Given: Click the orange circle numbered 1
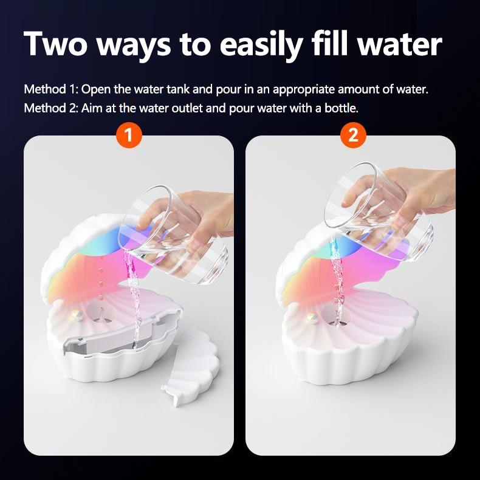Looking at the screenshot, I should pos(128,135).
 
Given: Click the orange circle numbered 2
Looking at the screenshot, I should pos(352,135).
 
